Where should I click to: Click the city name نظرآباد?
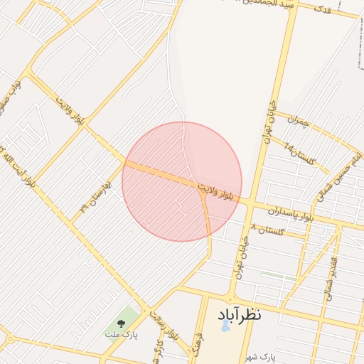tap(235, 314)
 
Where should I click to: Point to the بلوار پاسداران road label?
tap(290, 213)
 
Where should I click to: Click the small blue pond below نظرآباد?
tap(225, 327)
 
